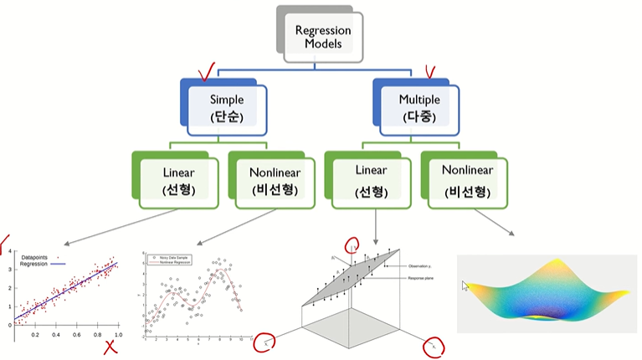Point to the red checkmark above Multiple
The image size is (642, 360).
(x=433, y=73)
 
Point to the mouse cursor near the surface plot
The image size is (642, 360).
(x=466, y=285)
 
